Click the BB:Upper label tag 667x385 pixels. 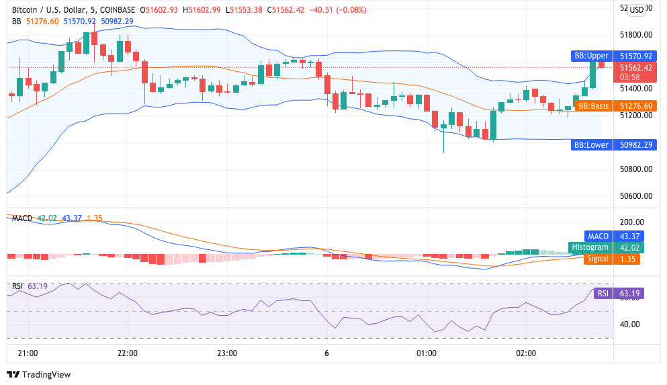[x=590, y=56]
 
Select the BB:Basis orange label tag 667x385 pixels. [x=593, y=105]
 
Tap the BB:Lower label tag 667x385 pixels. [x=590, y=144]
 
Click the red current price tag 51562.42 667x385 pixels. [x=635, y=67]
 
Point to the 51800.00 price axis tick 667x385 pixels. [x=635, y=35]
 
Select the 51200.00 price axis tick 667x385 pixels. [x=635, y=116]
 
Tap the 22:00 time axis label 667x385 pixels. [x=128, y=353]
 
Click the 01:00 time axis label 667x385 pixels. [x=427, y=353]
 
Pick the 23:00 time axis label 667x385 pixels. [x=227, y=353]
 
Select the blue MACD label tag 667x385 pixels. [x=598, y=236]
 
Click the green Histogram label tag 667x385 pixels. [x=590, y=247]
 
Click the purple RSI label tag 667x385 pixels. [x=603, y=293]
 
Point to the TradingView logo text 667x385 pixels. [x=44, y=374]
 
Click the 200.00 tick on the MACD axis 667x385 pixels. [x=631, y=222]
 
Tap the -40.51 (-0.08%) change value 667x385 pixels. [x=318, y=9]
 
